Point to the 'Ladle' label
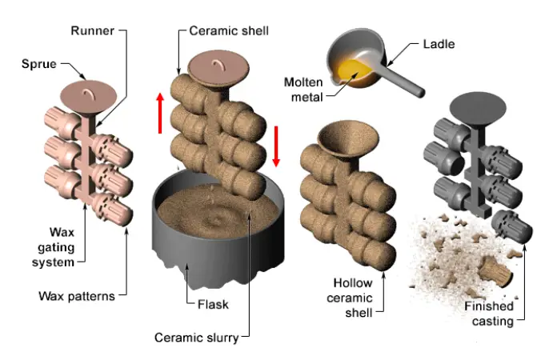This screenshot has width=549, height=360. pyautogui.click(x=437, y=43)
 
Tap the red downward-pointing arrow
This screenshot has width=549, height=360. pyautogui.click(x=276, y=145)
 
